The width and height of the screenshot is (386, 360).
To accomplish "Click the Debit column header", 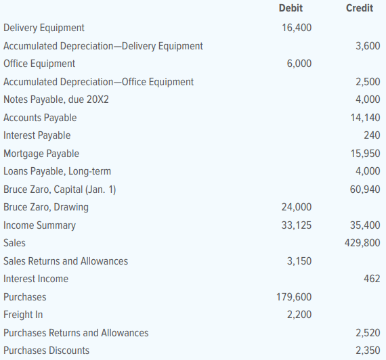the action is (x=291, y=8).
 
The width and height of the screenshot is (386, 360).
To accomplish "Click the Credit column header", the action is (x=360, y=8).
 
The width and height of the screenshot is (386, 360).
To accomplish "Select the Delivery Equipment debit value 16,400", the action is (x=297, y=28).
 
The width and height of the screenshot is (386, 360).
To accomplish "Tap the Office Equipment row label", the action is (x=39, y=64).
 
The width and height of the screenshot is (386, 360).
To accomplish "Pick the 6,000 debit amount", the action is (x=299, y=64).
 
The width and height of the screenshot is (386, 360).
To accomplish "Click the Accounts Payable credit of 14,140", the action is (x=365, y=118).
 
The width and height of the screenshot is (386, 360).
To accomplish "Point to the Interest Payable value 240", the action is (x=372, y=135).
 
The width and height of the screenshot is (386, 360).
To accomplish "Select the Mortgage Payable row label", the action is (x=41, y=154).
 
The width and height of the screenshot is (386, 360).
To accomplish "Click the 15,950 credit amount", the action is (x=365, y=154).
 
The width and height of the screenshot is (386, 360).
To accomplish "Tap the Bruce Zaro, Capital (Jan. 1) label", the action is (x=60, y=189).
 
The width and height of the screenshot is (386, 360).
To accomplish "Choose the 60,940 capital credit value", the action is (x=365, y=189).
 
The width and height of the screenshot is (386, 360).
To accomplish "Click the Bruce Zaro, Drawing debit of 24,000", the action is (x=297, y=207).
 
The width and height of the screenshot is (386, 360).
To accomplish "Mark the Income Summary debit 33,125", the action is (x=297, y=225).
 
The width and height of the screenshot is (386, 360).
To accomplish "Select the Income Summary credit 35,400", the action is (x=365, y=225).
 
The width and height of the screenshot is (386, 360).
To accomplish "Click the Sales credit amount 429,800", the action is (x=362, y=243).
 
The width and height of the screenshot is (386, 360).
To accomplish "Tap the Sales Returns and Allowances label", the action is (x=66, y=261).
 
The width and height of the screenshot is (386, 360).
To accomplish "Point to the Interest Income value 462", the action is (x=372, y=279).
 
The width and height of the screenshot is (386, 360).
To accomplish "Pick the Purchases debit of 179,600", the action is (x=294, y=297).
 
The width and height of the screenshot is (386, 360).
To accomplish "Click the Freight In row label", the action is (x=23, y=315).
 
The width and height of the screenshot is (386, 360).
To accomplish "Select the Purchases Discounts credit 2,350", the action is (x=368, y=351).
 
